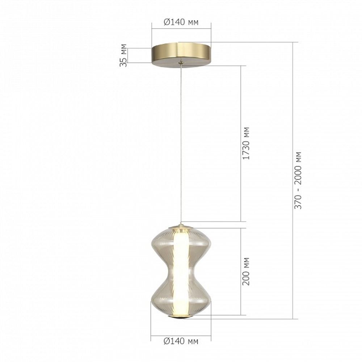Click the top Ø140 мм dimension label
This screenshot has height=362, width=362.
tap(181, 22)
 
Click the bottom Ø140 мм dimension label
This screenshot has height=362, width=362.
tap(181, 341)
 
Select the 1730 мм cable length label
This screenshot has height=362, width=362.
tap(246, 143)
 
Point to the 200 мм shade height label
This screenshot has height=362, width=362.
tap(246, 271)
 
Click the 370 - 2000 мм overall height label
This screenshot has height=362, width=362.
tap(298, 180)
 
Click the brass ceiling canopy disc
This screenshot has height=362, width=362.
tap(181, 53)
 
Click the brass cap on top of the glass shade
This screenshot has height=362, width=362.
tap(181, 227)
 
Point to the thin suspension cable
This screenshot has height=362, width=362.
tap(181, 145)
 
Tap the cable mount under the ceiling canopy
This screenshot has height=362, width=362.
tap(181, 64)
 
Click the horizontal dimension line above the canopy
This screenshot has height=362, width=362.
tap(181, 28)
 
